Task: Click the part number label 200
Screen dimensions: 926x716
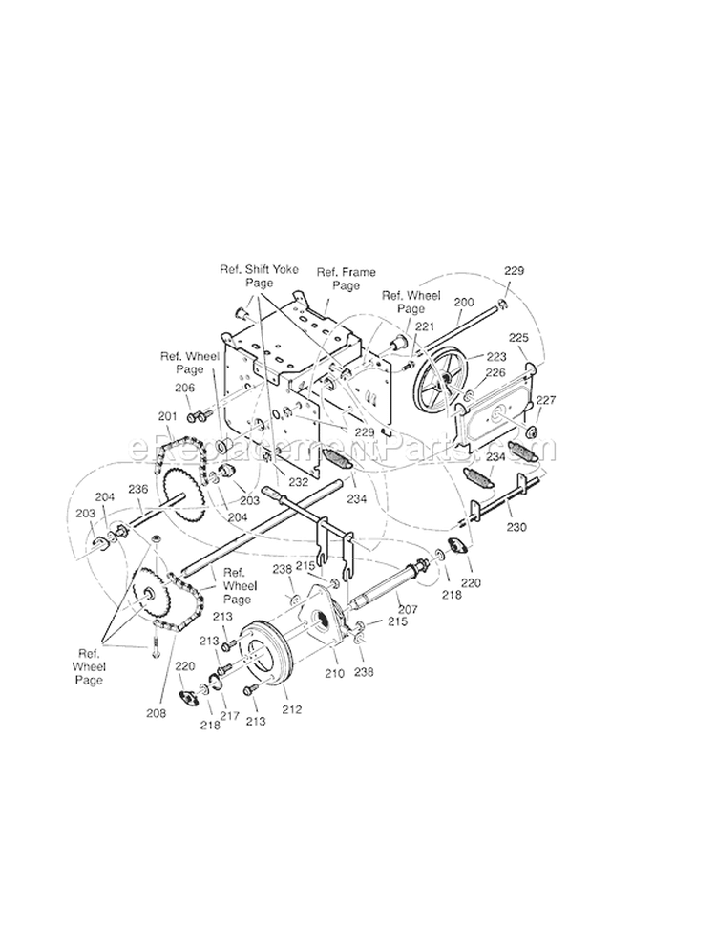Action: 463,303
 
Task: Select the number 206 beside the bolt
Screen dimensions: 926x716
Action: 184,388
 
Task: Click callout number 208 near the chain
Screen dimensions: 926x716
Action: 157,712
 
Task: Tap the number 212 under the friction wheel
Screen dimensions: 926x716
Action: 291,709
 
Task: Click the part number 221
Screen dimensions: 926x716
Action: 423,327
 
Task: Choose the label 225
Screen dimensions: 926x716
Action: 518,338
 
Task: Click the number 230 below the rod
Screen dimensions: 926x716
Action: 516,526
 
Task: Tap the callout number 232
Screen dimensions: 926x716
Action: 298,483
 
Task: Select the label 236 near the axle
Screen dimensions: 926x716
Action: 138,489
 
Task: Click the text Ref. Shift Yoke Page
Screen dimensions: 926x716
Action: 258,277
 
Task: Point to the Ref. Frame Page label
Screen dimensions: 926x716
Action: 339,279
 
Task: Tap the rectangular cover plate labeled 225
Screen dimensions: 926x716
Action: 496,412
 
